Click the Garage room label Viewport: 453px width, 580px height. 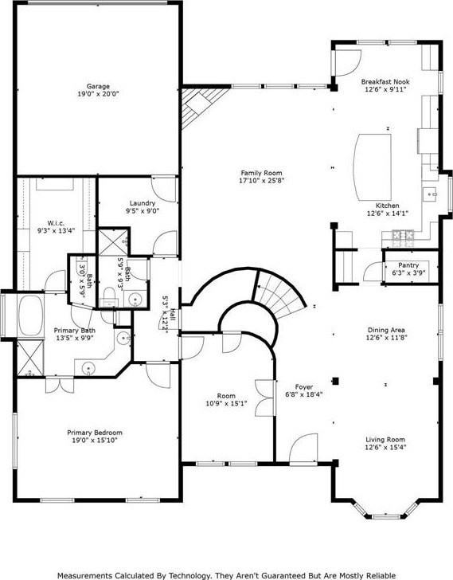99,86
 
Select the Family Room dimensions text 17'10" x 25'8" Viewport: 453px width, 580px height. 262,181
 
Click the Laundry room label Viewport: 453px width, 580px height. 141,203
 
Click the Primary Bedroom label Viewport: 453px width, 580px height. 95,432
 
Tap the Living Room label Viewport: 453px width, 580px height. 385,440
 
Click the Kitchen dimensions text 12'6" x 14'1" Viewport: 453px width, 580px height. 386,214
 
